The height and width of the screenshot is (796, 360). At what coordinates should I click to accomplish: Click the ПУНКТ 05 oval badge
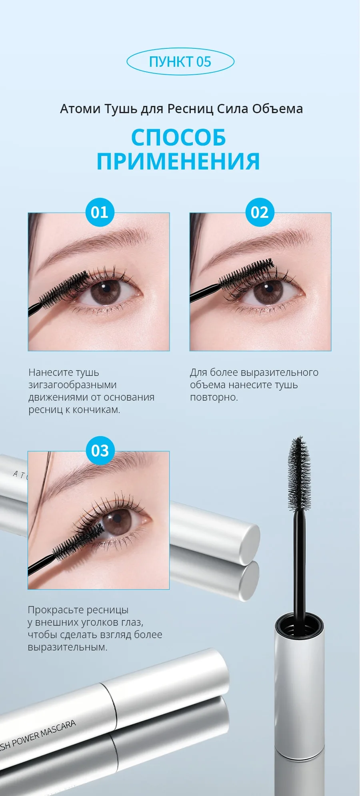(180, 62)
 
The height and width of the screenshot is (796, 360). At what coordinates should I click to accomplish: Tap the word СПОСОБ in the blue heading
(178, 138)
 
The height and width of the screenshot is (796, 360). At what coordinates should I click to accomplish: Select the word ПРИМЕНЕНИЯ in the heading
(178, 162)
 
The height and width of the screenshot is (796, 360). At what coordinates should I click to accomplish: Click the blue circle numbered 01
(100, 212)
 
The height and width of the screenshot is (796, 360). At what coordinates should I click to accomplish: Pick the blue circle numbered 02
(260, 212)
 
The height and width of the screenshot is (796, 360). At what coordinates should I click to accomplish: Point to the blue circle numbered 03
(100, 451)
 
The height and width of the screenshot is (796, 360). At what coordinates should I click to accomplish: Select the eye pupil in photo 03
(117, 519)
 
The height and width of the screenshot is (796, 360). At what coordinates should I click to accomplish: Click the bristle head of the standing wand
(299, 474)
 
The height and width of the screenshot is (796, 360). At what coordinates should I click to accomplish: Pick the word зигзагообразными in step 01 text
(72, 385)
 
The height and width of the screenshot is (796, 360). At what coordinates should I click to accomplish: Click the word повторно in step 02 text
(214, 397)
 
